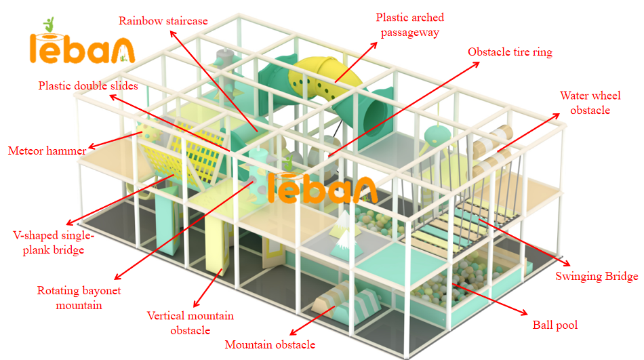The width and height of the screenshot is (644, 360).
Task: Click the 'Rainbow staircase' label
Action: click(163, 20)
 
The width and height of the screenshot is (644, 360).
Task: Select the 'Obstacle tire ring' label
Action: click(510, 52)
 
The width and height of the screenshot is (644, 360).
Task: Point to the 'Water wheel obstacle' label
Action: click(584, 103)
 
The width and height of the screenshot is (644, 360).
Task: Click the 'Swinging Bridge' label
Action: click(597, 276)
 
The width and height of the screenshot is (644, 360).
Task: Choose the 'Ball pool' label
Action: click(555, 325)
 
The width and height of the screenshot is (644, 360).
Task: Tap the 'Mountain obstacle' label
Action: click(270, 344)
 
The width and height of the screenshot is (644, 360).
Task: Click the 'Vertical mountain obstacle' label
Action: click(190, 323)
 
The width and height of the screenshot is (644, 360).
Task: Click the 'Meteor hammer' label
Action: click(47, 151)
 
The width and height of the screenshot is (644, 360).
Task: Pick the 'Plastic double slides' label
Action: click(88, 86)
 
